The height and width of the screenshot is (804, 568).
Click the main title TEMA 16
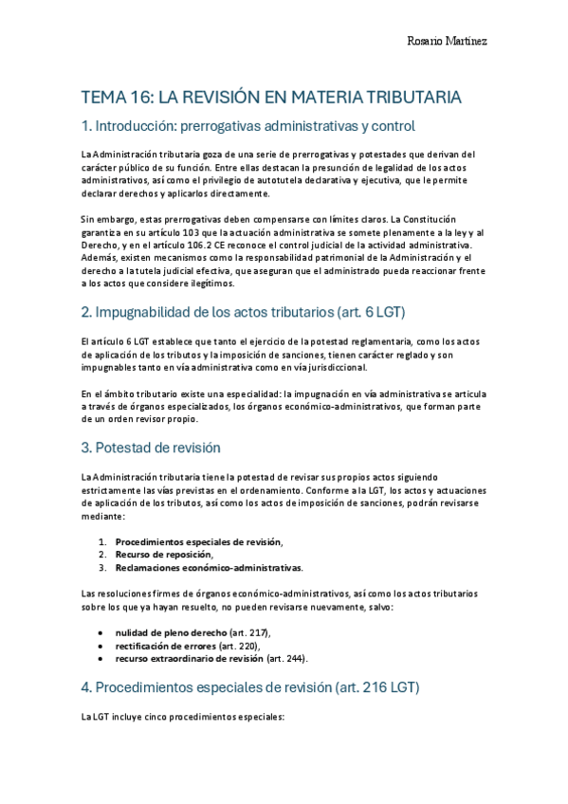tap(272, 97)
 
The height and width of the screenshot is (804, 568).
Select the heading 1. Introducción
tap(248, 126)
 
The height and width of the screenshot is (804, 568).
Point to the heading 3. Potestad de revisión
tap(167, 448)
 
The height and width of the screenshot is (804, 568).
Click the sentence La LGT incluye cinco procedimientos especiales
tap(183, 717)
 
